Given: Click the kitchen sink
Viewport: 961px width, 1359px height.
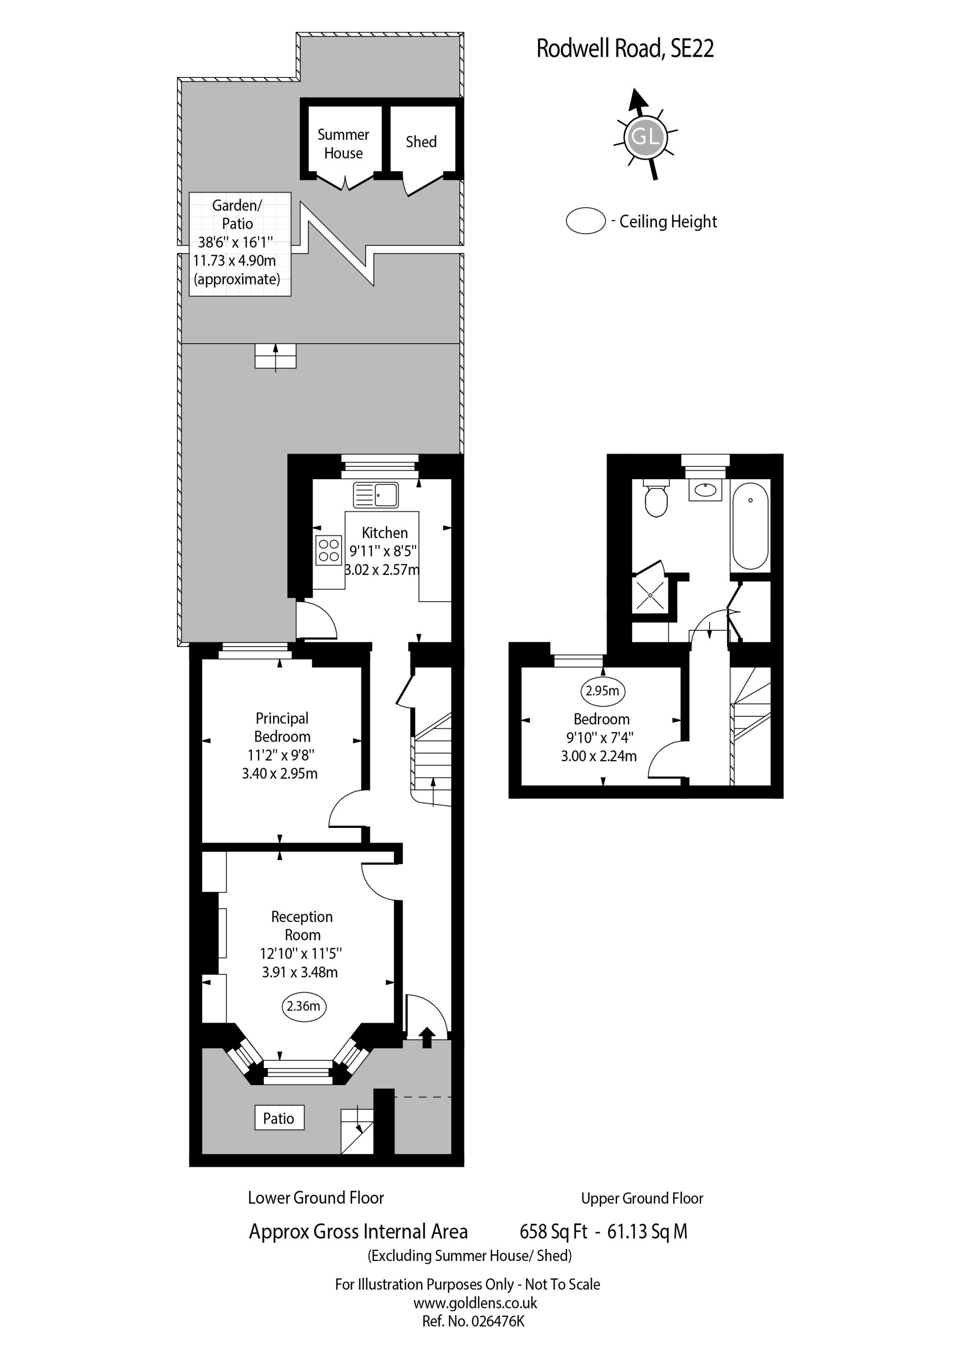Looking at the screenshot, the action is [375, 495].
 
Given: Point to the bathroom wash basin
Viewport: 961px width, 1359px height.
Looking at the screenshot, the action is [705, 489].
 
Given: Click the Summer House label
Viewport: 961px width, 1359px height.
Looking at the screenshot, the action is [343, 144].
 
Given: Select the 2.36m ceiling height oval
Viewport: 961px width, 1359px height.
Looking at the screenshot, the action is [304, 1006].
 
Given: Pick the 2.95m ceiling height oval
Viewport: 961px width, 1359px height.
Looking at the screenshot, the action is [603, 691].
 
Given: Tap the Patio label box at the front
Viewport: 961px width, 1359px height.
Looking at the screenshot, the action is [279, 1118].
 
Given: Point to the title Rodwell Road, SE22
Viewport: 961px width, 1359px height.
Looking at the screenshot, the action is [625, 49].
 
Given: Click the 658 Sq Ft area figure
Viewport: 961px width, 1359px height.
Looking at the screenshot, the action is [553, 1232].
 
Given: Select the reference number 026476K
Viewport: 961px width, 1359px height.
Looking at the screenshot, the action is [498, 1321].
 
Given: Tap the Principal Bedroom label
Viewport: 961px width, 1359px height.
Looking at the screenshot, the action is [282, 727].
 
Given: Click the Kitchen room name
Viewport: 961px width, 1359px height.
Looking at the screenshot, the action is [384, 533].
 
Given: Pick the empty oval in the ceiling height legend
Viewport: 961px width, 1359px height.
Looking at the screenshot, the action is [586, 221].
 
